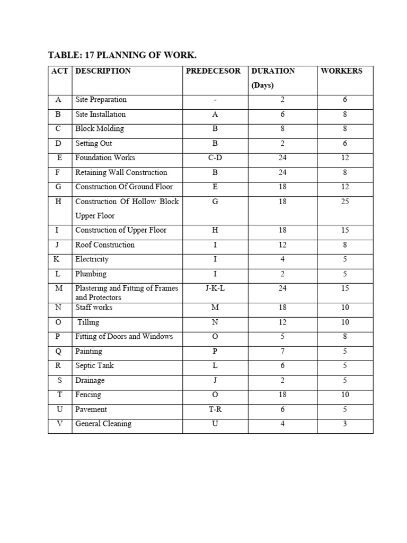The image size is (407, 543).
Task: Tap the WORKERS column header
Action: (341, 71)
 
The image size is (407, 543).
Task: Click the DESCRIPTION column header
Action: (103, 71)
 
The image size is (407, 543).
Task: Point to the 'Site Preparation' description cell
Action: (101, 100)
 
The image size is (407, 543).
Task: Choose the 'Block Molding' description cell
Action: (100, 129)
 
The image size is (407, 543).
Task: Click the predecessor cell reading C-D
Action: (215, 157)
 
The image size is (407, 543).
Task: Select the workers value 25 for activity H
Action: (345, 202)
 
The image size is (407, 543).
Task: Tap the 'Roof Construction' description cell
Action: (105, 245)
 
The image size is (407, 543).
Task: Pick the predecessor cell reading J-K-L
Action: (215, 288)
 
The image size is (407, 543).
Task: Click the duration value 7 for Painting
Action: (282, 351)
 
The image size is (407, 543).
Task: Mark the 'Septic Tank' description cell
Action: (94, 366)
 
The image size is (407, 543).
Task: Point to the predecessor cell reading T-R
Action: (215, 409)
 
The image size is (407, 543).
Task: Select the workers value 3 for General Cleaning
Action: (345, 424)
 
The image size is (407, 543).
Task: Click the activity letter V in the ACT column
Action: (59, 424)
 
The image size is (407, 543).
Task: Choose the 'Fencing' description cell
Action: (88, 395)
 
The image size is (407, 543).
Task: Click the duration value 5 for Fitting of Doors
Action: (282, 337)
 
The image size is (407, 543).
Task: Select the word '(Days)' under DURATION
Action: (262, 85)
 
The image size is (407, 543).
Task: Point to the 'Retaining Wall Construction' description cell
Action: (121, 172)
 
